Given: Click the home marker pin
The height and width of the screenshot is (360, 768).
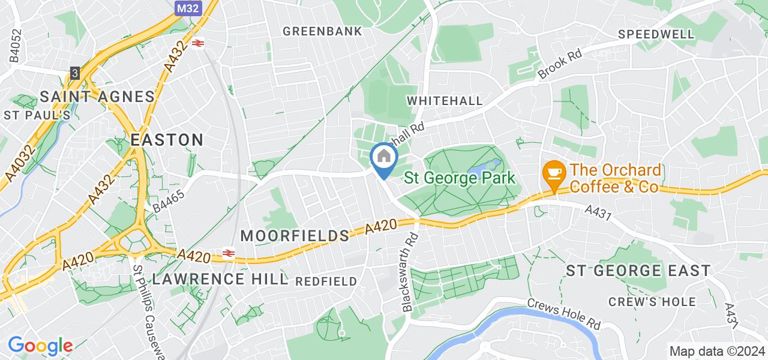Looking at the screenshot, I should (383, 158).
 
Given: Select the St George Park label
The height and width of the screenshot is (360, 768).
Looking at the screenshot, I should (460, 178).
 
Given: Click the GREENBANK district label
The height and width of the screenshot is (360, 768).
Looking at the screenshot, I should (322, 31).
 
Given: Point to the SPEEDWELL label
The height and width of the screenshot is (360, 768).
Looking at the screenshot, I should (656, 34).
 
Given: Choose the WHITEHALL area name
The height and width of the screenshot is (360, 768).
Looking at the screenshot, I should (445, 101).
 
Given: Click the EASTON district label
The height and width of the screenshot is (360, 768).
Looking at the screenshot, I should (167, 140).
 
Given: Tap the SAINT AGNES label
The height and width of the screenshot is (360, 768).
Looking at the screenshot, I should (98, 97).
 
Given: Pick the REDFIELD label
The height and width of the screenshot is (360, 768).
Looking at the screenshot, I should (326, 281).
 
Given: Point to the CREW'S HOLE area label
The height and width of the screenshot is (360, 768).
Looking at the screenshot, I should (652, 302).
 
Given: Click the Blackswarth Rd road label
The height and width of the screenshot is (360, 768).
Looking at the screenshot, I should (410, 271).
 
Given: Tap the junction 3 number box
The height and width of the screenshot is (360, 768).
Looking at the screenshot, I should (74, 72).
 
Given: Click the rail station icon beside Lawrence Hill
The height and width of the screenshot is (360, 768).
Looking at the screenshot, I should (229, 253).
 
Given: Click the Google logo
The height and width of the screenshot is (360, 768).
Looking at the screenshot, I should (40, 346).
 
